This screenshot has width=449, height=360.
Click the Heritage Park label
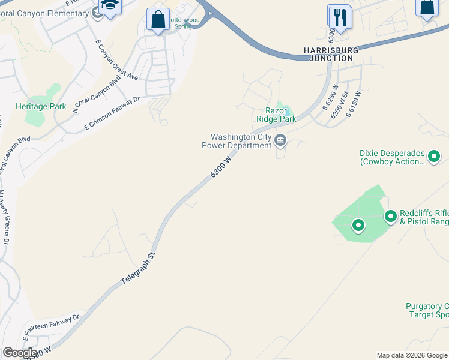[x=41, y=106]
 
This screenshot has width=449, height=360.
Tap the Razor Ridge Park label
[x=276, y=115]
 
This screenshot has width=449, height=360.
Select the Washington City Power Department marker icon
[x=280, y=141]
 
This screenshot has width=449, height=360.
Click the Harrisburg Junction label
[x=328, y=54]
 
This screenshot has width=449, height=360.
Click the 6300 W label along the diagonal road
[x=220, y=167]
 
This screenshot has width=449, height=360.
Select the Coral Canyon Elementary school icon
[x=110, y=7]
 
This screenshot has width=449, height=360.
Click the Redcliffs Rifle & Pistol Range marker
[x=391, y=215]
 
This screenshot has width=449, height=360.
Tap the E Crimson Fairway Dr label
[x=112, y=113]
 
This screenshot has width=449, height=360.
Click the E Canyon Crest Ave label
[x=116, y=61]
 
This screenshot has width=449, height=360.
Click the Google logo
[x=20, y=353]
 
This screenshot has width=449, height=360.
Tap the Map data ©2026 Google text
[x=412, y=355]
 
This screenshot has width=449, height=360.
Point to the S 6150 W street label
[x=354, y=104]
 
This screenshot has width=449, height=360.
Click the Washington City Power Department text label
[x=236, y=141]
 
